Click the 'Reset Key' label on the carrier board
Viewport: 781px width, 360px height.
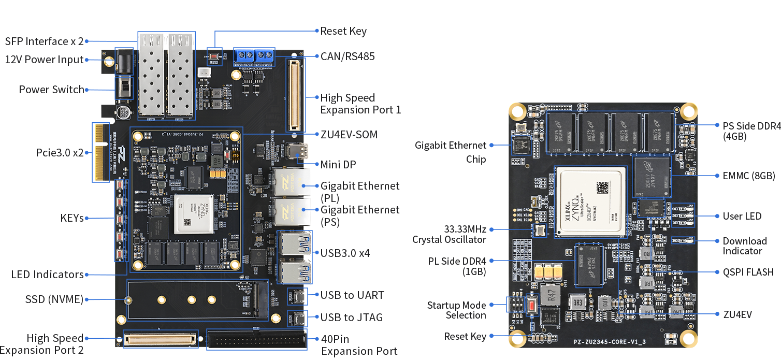[x=343, y=31]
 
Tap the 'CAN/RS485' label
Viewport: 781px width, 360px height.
[x=347, y=56]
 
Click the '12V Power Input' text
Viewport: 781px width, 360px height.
[x=45, y=60]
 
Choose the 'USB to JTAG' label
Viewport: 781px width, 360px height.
[x=352, y=317]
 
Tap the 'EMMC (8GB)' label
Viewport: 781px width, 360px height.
[x=744, y=176]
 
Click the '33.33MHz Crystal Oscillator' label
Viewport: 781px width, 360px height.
[x=449, y=234]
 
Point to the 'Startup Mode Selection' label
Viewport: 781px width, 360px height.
[x=456, y=310]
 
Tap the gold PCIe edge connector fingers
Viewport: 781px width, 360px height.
[x=100, y=152]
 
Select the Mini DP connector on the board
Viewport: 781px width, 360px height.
[x=300, y=152]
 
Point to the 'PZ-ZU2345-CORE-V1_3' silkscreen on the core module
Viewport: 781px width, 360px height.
[x=617, y=342]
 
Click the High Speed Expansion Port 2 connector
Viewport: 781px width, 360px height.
[x=160, y=339]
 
